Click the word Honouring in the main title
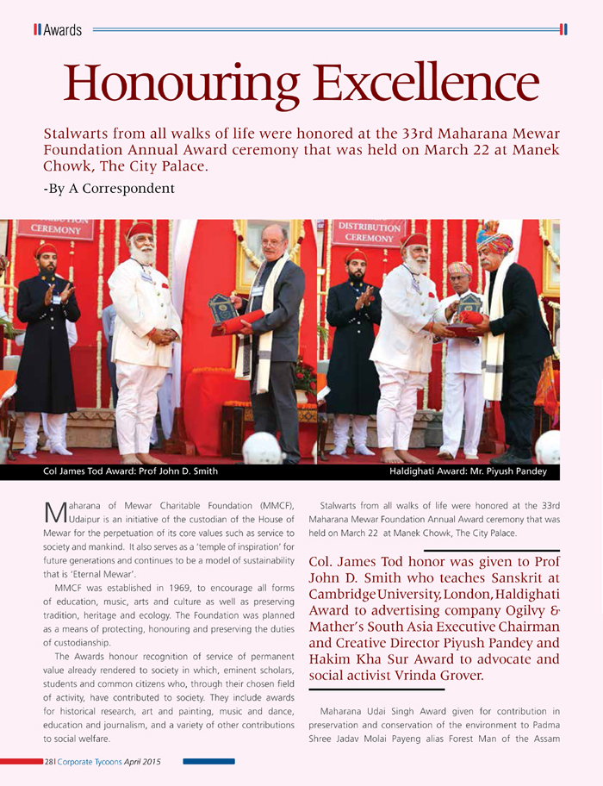[x=180, y=84]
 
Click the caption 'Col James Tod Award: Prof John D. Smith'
[x=130, y=471]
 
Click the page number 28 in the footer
[x=49, y=762]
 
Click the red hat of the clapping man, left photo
[x=47, y=250]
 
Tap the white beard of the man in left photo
[x=141, y=255]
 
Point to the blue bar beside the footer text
[x=209, y=762]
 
